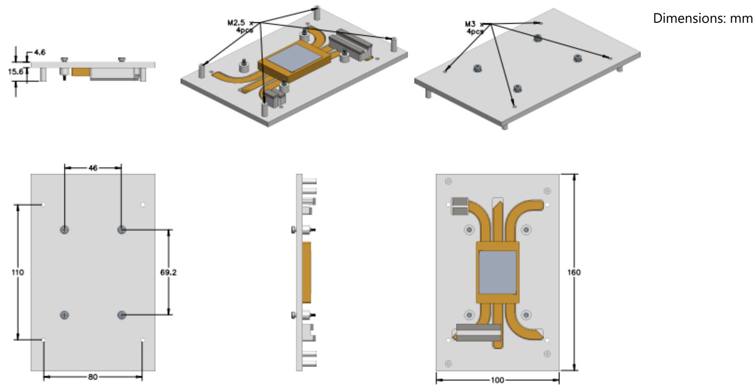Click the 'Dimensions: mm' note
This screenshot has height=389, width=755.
click(x=703, y=18)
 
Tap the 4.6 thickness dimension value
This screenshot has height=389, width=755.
click(x=39, y=52)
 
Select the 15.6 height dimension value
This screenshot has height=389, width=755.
click(x=16, y=71)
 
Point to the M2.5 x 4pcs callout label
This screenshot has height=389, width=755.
click(x=240, y=26)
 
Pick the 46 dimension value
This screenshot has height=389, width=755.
click(x=92, y=168)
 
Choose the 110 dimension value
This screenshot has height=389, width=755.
click(x=17, y=272)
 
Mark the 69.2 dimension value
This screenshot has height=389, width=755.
click(x=168, y=272)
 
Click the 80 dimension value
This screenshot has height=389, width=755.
click(x=92, y=377)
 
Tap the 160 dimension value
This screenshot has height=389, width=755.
click(x=574, y=272)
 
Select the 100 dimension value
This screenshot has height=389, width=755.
click(x=497, y=380)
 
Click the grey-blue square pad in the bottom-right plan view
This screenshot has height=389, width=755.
click(x=498, y=272)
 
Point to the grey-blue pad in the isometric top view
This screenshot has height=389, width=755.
click(x=294, y=58)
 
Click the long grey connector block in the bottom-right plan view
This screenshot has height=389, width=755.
click(x=478, y=333)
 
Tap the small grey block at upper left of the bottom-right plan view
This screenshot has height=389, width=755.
click(x=460, y=206)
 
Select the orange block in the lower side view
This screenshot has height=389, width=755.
click(x=306, y=272)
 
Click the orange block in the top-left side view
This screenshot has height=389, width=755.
click(x=81, y=72)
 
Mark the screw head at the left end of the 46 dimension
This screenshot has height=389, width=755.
click(x=64, y=230)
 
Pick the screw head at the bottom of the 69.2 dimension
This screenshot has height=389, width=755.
click(x=122, y=315)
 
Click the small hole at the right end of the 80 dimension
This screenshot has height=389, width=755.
click(x=143, y=340)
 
